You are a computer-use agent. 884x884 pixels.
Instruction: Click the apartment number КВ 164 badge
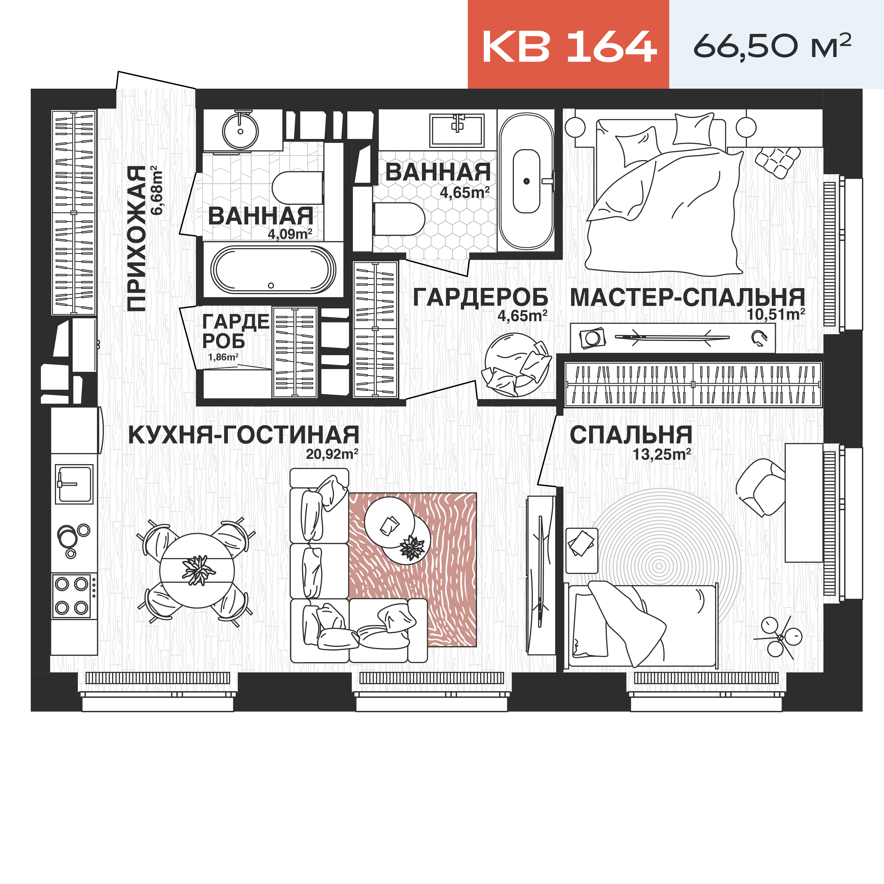point(568,46)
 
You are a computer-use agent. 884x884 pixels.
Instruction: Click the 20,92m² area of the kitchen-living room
point(332,454)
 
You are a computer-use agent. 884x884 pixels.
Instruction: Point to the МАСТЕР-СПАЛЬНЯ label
point(687,297)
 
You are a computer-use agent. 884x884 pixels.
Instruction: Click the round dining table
point(197,571)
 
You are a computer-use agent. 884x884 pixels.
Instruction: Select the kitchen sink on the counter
point(74,484)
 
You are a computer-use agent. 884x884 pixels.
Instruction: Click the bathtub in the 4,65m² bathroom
point(526,181)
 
